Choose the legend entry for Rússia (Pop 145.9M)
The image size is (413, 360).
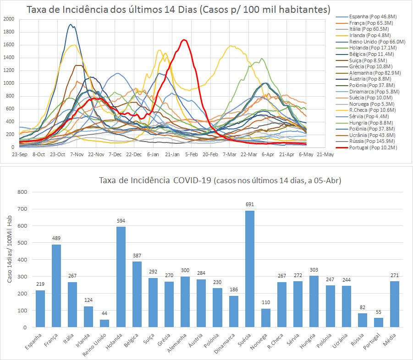tap(372, 142)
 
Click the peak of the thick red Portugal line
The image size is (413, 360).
tap(184, 40)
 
